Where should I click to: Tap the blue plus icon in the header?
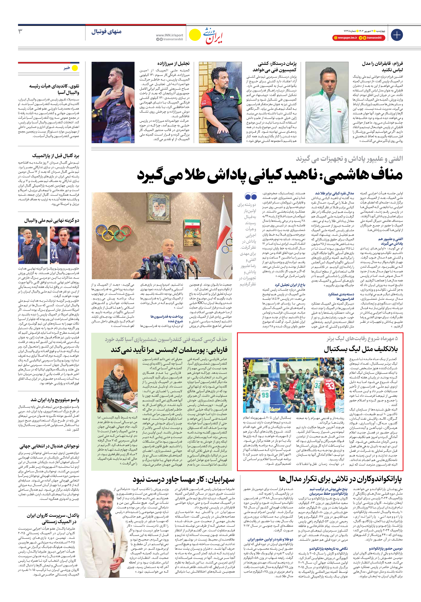[397, 35]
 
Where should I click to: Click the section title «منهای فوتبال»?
[106, 32]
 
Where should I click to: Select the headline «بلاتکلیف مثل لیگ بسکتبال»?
[361, 349]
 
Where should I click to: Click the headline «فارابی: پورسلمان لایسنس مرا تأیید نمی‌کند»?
[169, 350]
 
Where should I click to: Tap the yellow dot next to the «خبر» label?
[75, 68]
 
